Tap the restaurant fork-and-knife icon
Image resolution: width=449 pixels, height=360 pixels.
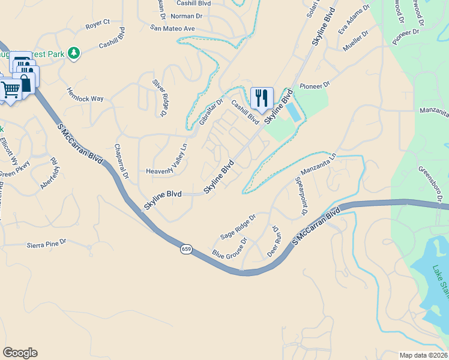tap(262, 97)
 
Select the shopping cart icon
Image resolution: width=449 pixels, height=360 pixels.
tap(11, 89)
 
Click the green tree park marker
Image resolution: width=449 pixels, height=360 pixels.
tap(74, 54)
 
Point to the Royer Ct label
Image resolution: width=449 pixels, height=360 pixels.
tap(98, 24)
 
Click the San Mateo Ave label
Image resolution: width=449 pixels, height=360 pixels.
tap(173, 28)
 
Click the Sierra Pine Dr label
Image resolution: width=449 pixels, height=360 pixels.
tap(46, 244)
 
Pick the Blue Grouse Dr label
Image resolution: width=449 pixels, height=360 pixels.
tap(229, 250)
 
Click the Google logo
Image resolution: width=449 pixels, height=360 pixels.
tap(20, 353)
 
